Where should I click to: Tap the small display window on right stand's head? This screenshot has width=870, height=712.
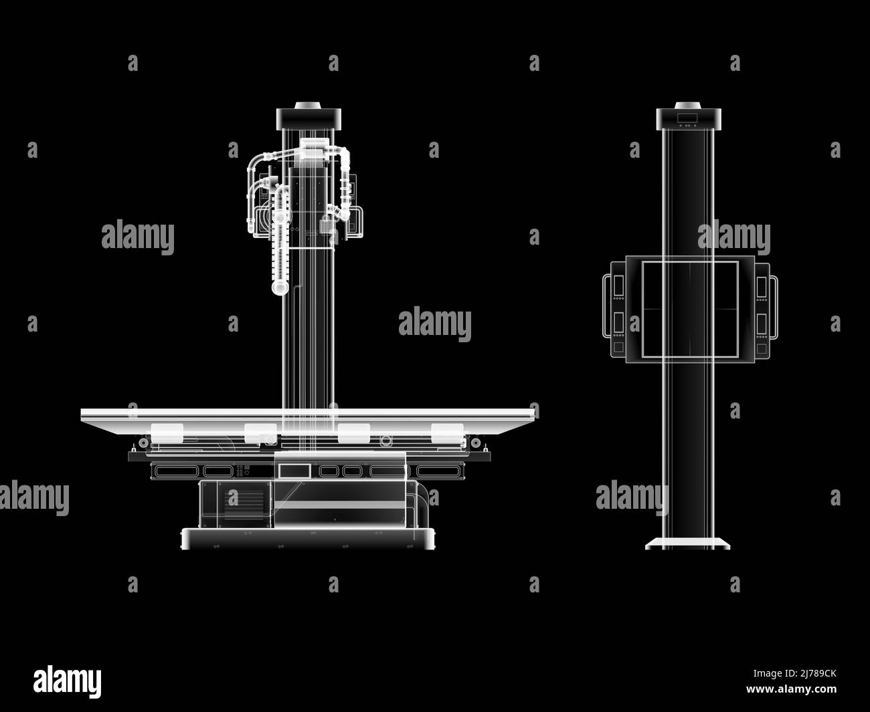pyautogui.click(x=687, y=118)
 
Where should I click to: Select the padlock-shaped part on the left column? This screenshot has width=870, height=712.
pyautogui.click(x=328, y=224)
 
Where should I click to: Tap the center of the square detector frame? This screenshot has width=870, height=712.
pyautogui.click(x=689, y=308)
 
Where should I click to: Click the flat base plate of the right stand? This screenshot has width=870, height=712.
pyautogui.click(x=687, y=544)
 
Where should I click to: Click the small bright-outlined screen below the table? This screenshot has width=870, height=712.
pyautogui.click(x=295, y=471)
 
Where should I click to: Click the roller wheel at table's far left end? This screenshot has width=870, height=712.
pyautogui.click(x=142, y=443)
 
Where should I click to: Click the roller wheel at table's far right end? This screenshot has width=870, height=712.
pyautogui.click(x=474, y=443)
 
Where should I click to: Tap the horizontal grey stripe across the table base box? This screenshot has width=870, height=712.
pyautogui.click(x=339, y=505)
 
